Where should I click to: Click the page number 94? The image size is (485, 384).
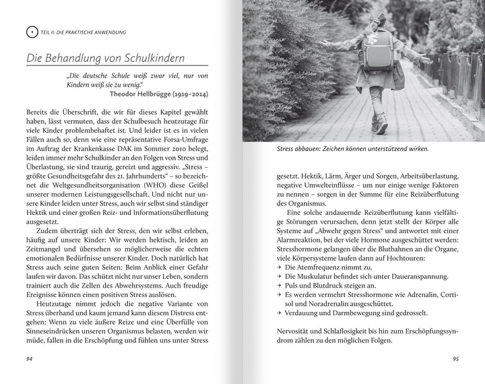pos(30,358)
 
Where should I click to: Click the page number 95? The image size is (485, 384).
pos(455,358)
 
